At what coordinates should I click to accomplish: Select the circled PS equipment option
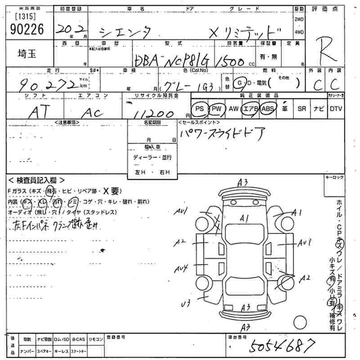(x=200, y=108)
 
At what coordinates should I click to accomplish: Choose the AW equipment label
(x=234, y=108)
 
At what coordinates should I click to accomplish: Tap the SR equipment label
(x=301, y=108)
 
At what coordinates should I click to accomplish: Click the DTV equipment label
(x=336, y=108)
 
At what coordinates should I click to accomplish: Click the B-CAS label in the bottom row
(x=78, y=339)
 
